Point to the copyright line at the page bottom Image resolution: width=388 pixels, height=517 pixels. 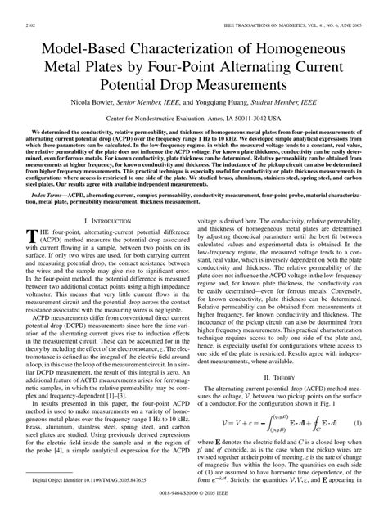(193, 508)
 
